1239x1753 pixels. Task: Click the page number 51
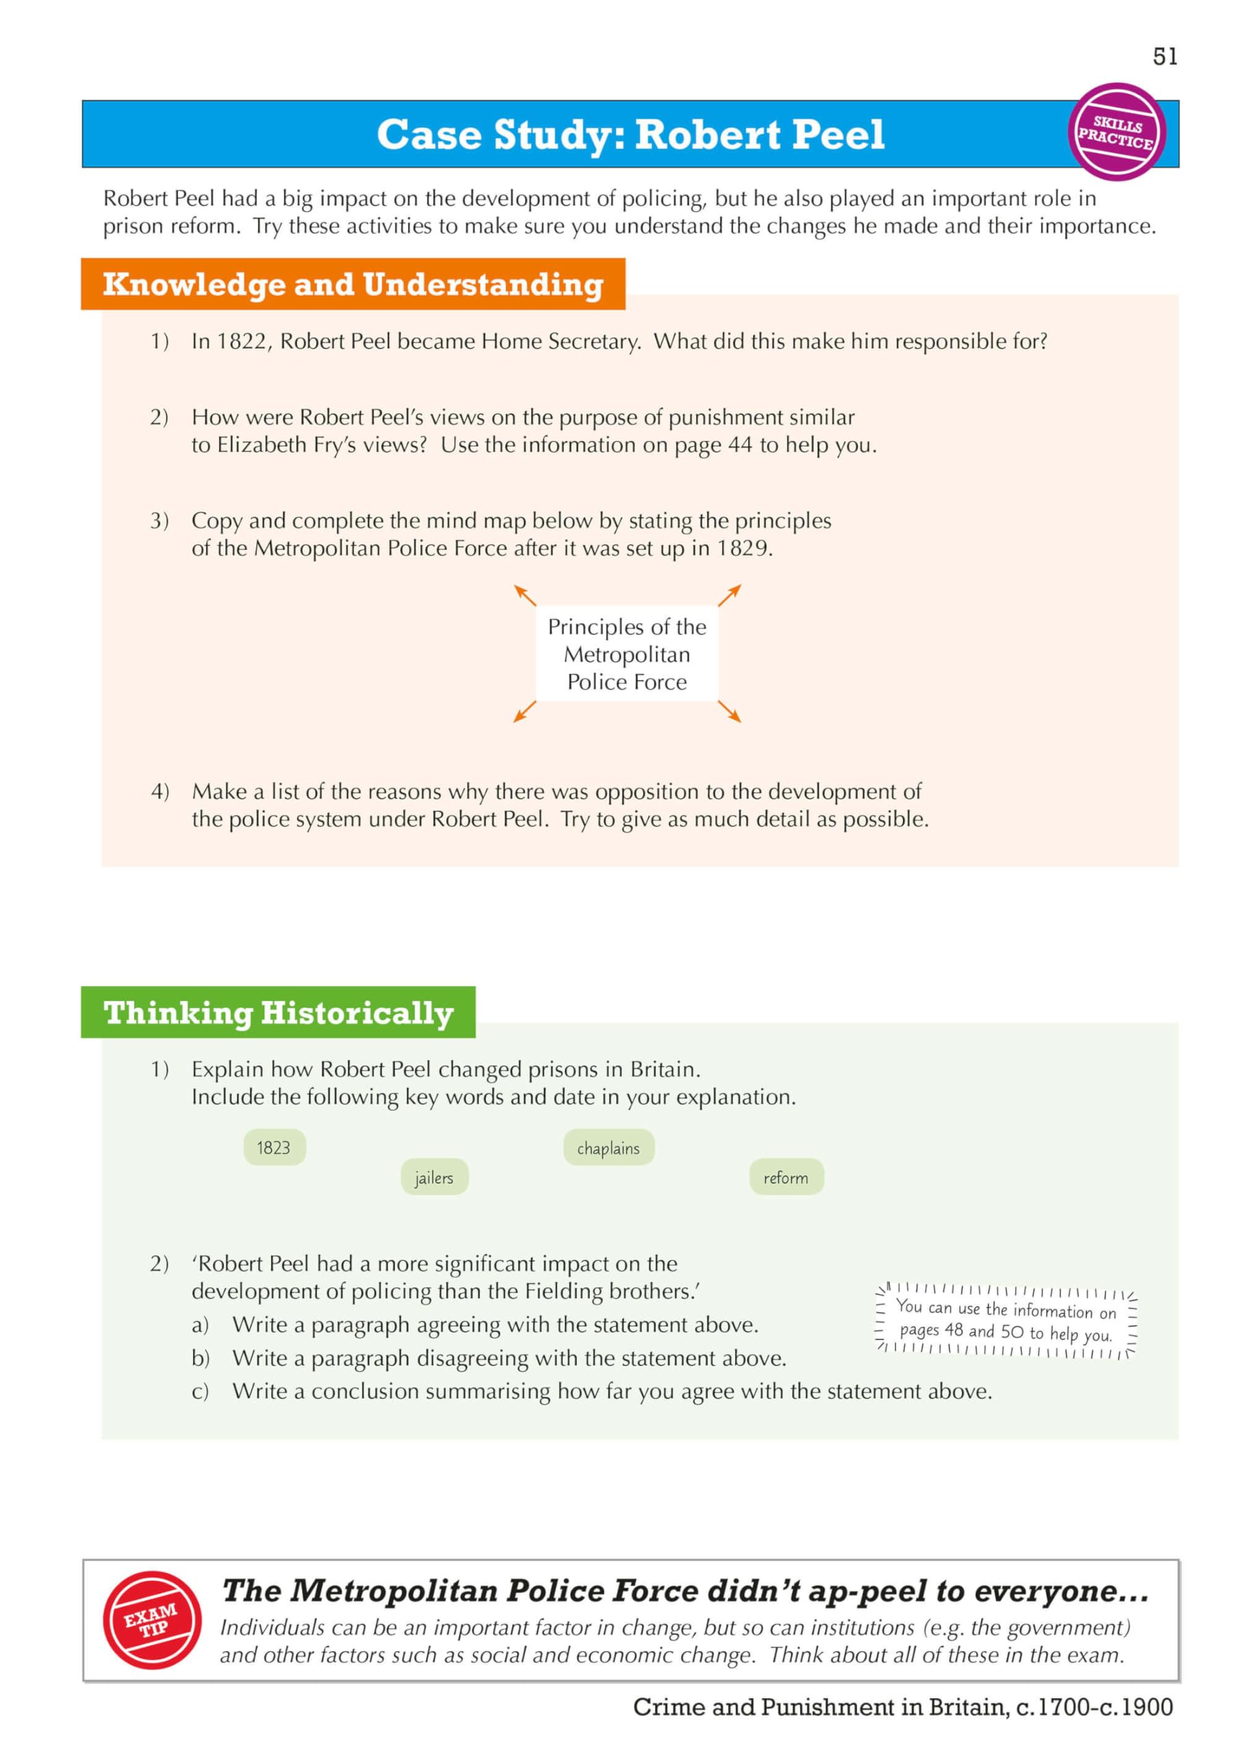point(1165,57)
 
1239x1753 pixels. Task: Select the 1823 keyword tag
point(273,1148)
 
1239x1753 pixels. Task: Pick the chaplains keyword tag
point(608,1148)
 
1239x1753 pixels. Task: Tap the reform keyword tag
point(786,1178)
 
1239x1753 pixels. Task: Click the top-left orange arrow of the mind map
point(524,595)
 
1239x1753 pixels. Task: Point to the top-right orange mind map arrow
point(730,595)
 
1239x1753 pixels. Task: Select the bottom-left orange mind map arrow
point(524,711)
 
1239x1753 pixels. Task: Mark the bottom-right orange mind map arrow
point(730,711)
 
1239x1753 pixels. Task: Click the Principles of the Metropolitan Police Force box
point(627,655)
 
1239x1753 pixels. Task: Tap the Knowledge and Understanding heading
point(353,284)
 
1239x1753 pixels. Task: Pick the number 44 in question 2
point(740,445)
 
